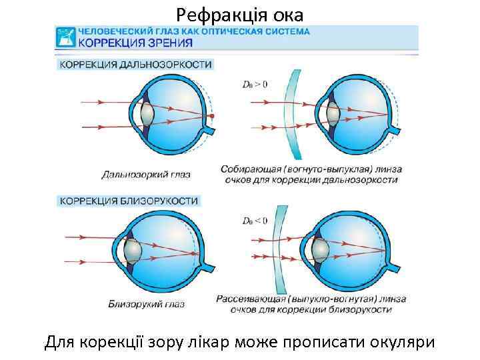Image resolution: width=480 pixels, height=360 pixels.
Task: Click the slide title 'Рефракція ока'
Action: coord(239,13)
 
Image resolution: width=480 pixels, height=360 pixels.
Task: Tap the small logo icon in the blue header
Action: coord(65,37)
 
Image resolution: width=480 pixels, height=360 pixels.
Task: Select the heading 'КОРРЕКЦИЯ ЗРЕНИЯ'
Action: coord(136,42)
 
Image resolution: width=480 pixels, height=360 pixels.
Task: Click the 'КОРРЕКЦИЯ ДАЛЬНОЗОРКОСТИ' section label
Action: coord(137,65)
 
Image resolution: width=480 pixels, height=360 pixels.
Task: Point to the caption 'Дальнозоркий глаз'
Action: coord(146,175)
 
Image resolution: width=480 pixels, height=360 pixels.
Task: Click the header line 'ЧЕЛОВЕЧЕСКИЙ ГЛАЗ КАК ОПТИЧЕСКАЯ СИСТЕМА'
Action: coord(194,31)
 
